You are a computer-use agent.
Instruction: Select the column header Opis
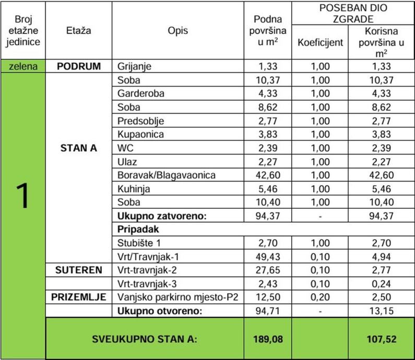click(x=178, y=31)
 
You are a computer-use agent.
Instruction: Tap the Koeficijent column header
click(x=320, y=42)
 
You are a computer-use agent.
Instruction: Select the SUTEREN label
click(x=78, y=270)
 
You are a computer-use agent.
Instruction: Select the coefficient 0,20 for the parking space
click(x=320, y=297)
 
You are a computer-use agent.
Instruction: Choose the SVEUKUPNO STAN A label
click(x=145, y=339)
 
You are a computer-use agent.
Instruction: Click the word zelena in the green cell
click(x=22, y=66)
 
